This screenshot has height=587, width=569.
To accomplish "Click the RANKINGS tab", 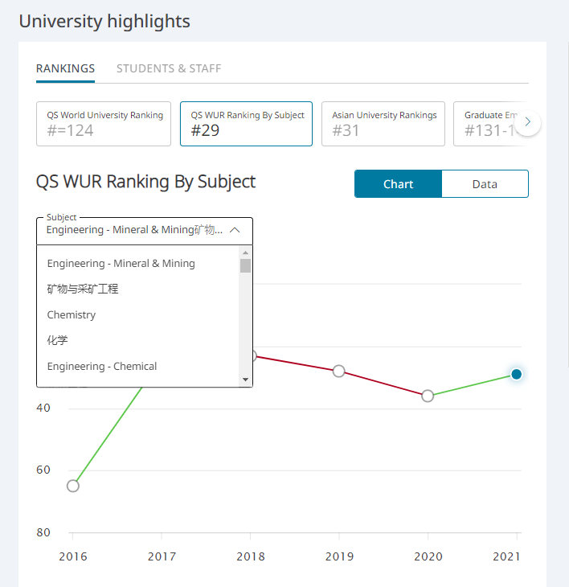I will pos(65,68).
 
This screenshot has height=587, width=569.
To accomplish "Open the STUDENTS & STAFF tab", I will pos(169,68).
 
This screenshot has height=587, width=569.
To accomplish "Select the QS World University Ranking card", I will pos(104,124).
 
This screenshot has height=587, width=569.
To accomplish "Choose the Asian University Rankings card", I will pos(383,124).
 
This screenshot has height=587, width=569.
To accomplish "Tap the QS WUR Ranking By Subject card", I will pos(246,124).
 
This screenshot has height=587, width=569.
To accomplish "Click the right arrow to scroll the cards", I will pos(528,122).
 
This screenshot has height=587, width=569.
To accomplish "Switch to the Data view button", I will pos(485,184).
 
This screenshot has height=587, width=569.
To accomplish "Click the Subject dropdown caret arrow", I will pos(235,230).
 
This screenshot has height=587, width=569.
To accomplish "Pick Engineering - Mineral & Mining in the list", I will pos(121,263).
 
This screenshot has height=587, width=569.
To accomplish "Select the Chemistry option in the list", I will pos(72,314).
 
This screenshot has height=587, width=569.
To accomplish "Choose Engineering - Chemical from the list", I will pos(102,366).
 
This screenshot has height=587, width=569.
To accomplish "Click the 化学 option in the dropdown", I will pos(58,340).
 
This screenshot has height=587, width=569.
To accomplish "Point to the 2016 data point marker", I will pos(73,486).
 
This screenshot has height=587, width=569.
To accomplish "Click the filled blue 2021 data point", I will pos(517,374).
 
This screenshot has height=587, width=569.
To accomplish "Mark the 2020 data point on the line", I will pos(428,396).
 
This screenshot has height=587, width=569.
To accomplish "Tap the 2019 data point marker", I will pos(339,371).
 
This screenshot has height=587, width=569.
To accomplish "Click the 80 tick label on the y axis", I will pos(43,532).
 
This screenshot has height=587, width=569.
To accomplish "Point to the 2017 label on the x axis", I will pos(162,556).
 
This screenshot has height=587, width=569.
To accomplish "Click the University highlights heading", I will pos(104,21).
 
